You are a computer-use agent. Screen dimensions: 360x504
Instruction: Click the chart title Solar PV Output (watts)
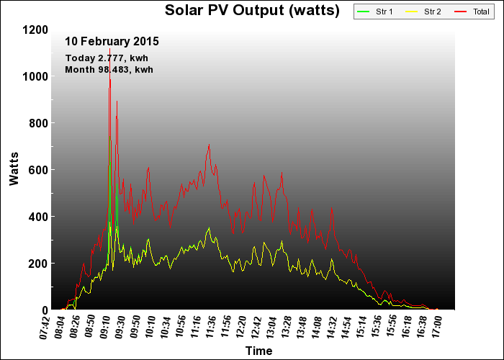tap(252, 10)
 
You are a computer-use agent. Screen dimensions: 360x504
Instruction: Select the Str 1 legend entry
tap(379, 12)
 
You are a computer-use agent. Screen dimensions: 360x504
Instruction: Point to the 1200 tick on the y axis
tap(35, 30)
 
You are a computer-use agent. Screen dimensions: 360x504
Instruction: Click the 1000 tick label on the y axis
tap(35, 76)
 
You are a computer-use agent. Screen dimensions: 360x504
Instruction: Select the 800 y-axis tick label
tap(38, 123)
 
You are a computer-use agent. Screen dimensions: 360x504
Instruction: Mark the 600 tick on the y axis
tap(38, 170)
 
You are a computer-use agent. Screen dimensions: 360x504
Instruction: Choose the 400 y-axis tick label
tap(38, 217)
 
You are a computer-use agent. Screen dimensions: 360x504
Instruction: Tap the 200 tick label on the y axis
tap(38, 264)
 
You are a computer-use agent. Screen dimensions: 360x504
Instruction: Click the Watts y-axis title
tap(14, 169)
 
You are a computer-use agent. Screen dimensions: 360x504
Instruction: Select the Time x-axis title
tap(258, 351)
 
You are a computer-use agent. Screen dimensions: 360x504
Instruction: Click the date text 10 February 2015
tap(112, 42)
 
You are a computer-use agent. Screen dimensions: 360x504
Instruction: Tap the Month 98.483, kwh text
tap(109, 69)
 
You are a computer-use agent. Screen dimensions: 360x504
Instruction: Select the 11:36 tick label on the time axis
tap(212, 328)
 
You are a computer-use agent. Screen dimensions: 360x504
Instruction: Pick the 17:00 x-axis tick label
tap(437, 328)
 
